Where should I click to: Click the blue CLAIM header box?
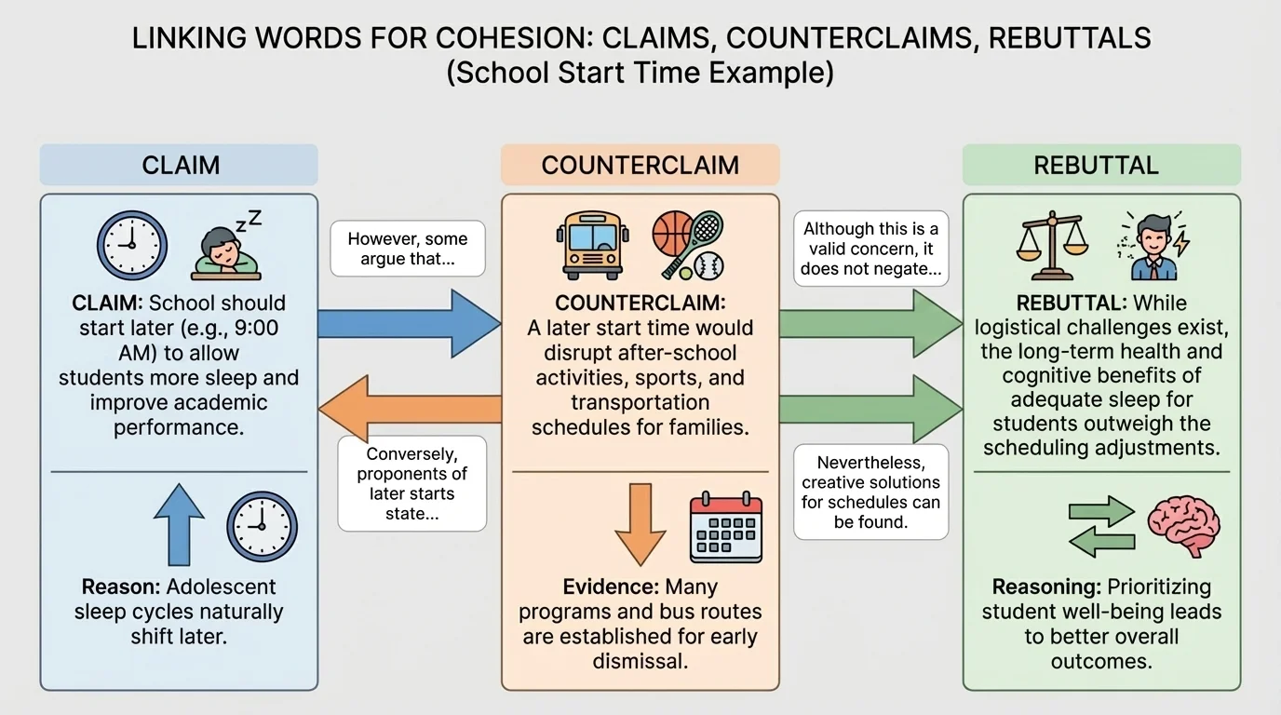click(179, 165)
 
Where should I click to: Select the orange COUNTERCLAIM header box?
click(640, 165)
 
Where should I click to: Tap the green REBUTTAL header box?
click(1101, 165)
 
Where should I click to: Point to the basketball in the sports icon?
click(672, 233)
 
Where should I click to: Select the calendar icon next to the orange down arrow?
click(725, 528)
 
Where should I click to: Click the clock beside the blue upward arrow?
click(262, 527)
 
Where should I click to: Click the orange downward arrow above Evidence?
click(640, 523)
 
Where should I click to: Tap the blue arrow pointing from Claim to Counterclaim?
click(410, 323)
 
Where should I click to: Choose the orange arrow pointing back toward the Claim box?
click(410, 409)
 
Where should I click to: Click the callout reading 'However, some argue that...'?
click(408, 249)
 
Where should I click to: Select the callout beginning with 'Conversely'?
click(411, 483)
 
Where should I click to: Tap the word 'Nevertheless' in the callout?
click(870, 463)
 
